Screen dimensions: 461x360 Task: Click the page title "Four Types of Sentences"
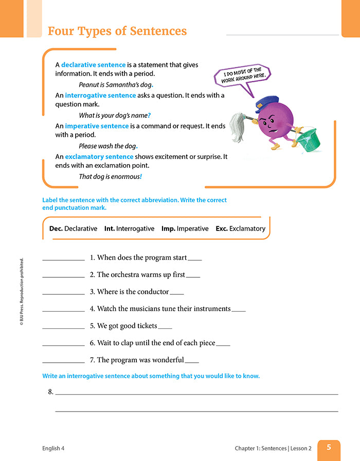point(117,31)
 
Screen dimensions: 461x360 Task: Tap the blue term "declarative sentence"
point(93,65)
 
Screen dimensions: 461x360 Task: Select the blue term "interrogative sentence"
point(100,95)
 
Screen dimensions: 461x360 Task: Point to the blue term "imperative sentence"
point(97,126)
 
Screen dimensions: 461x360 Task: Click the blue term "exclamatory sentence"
point(99,156)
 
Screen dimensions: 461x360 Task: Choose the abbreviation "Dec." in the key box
point(56,228)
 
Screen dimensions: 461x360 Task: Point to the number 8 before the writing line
point(50,392)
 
